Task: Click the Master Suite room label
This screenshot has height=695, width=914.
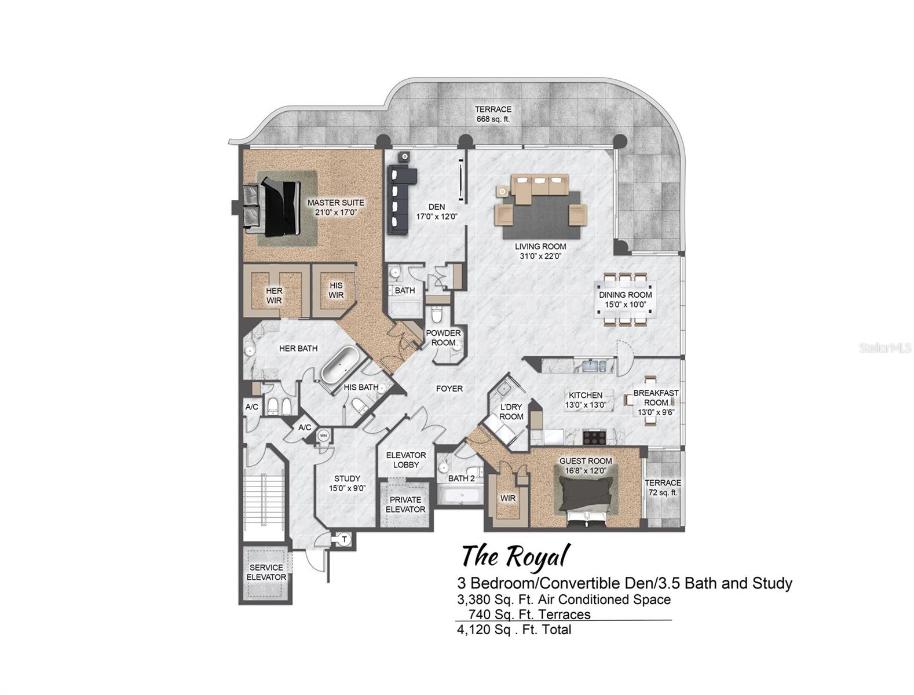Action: click(x=335, y=207)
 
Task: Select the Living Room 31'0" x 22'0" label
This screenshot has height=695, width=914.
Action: click(x=540, y=251)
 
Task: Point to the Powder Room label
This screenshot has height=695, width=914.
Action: click(x=443, y=338)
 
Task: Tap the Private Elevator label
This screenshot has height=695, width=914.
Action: click(x=405, y=504)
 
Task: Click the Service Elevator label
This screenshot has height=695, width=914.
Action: click(x=266, y=572)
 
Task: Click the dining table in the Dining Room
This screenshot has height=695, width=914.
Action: click(x=625, y=299)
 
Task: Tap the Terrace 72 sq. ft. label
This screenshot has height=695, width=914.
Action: click(x=663, y=487)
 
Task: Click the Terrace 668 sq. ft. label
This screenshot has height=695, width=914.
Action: click(x=493, y=114)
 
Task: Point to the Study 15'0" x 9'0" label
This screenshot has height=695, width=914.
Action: click(x=347, y=483)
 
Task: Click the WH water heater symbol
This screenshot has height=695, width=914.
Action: click(x=324, y=436)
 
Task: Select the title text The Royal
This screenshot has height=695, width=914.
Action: click(x=514, y=557)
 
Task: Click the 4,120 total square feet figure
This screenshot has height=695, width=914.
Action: click(x=514, y=629)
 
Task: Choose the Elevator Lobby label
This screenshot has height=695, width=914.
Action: click(x=405, y=460)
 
